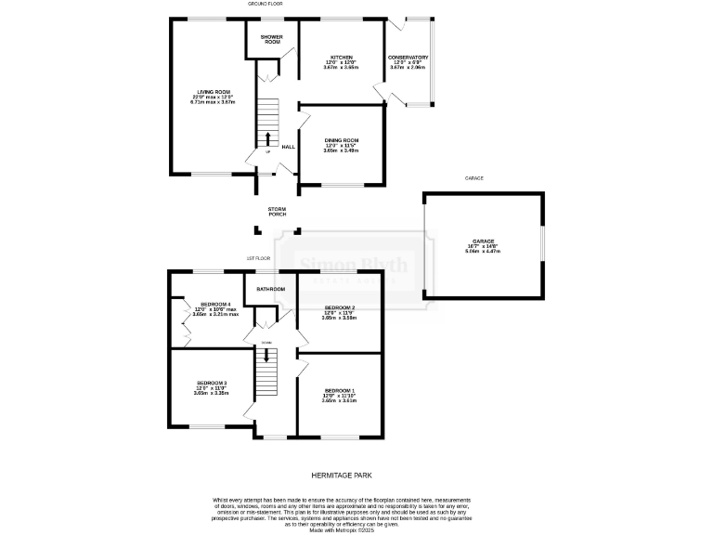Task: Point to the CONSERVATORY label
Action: pyautogui.click(x=408, y=58)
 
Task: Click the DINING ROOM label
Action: pyautogui.click(x=341, y=140)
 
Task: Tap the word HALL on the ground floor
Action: pyautogui.click(x=288, y=147)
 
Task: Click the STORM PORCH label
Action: pyautogui.click(x=277, y=212)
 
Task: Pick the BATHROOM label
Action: pyautogui.click(x=271, y=290)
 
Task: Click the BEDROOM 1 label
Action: pyautogui.click(x=340, y=390)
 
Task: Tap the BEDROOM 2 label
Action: pyautogui.click(x=340, y=307)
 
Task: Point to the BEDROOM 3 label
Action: pyautogui.click(x=212, y=383)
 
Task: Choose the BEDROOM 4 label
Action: pyautogui.click(x=215, y=304)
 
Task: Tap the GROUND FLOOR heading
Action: pyautogui.click(x=265, y=5)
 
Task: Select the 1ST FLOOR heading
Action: pyautogui.click(x=258, y=257)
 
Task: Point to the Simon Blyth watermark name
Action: pyautogui.click(x=353, y=267)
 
